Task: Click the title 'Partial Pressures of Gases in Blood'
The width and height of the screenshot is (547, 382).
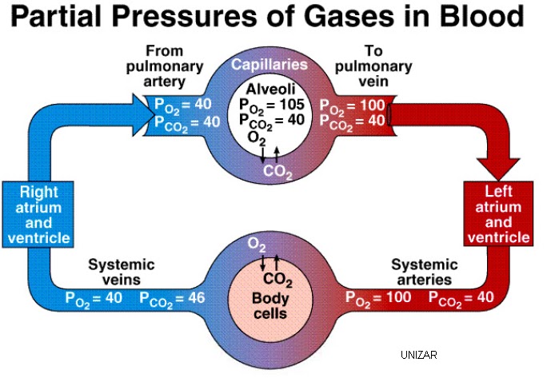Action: [x=273, y=18]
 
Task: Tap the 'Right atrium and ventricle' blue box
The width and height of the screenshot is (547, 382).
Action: [x=38, y=215]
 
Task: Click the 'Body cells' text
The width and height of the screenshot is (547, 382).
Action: [x=270, y=306]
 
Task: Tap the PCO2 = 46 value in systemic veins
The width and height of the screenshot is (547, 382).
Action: [x=172, y=299]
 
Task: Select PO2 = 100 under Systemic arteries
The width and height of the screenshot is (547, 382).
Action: [x=378, y=299]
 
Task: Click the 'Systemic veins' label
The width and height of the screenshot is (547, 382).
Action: [x=121, y=272]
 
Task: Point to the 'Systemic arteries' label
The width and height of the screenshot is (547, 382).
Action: [x=424, y=272]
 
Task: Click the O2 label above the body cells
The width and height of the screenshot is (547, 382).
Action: [x=257, y=243]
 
